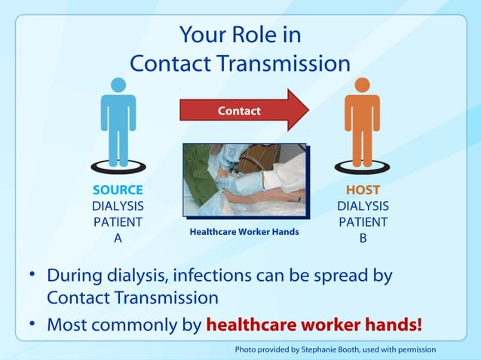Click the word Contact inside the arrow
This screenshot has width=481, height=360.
tap(239, 111)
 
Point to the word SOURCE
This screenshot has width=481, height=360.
tap(118, 190)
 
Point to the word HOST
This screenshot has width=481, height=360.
tap(363, 190)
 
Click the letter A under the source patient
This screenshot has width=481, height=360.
tap(118, 238)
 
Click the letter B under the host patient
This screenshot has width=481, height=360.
tap(363, 238)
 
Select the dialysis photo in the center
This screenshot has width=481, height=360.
tap(244, 181)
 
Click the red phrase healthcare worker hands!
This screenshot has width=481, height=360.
tap(314, 325)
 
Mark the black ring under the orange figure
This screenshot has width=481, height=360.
tap(363, 166)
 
